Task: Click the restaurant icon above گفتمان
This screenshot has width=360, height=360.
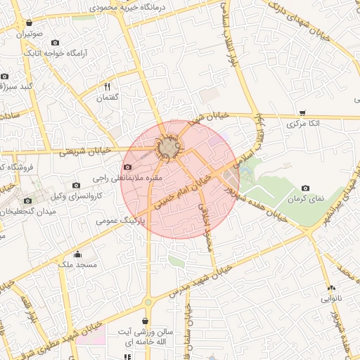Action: tap(108, 86)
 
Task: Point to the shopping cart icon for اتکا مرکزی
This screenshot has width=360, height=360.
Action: tap(302, 112)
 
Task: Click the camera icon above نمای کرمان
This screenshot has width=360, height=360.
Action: tap(305, 188)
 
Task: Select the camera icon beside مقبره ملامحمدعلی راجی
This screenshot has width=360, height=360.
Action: tap(127, 167)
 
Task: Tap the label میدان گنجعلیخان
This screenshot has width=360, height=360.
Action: tap(28, 211)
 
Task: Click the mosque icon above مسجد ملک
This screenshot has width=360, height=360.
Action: tap(77, 254)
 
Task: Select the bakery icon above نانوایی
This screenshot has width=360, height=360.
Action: tap(330, 288)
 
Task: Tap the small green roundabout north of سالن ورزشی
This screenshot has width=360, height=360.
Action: tap(148, 302)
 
